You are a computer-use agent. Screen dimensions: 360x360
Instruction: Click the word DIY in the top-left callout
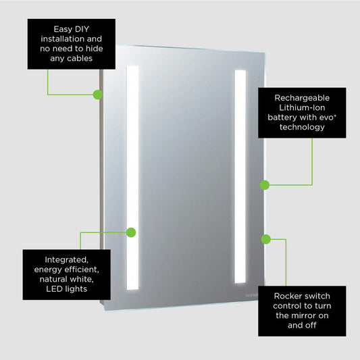coord(84,29)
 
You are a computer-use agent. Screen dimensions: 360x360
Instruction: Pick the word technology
coord(301,127)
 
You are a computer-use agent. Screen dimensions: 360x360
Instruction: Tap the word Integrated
coord(66,259)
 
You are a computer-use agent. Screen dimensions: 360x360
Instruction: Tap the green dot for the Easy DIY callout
coord(97,95)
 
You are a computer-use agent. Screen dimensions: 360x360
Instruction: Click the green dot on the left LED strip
coord(131,232)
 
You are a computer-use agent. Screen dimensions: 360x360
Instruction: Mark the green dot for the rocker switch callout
coord(265,238)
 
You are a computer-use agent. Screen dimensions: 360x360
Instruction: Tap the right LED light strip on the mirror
coord(240,176)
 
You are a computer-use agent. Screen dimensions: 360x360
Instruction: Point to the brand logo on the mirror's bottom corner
coord(251,296)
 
